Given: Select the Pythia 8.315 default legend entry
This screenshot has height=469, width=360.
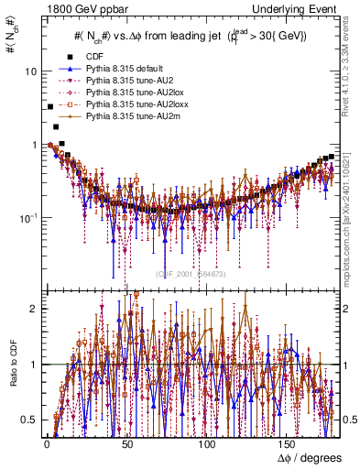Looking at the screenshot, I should (125, 69).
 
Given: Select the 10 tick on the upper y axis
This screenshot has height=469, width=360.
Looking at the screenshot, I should (30, 71).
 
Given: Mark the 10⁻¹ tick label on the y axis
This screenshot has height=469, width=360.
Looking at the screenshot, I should (27, 218).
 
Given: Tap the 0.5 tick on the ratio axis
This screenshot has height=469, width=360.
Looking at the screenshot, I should (29, 420).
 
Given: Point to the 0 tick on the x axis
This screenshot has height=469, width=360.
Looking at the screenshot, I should (46, 446).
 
